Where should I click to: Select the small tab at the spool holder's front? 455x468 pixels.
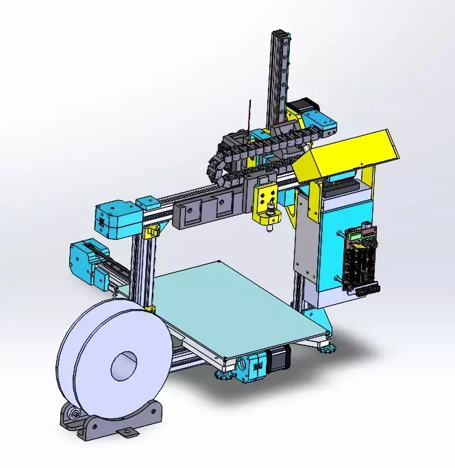pos(126,434)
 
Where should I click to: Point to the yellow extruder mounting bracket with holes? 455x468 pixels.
pos(267,199)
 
